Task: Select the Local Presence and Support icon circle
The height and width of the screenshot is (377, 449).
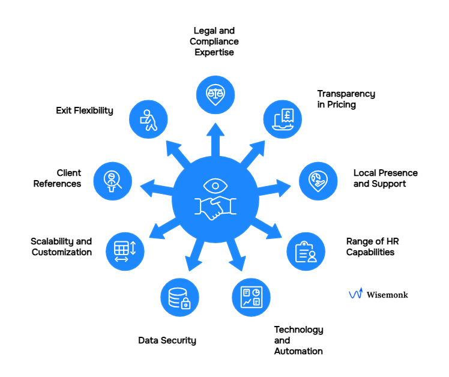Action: coord(318,180)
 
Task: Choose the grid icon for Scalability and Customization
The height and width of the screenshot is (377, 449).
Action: coord(125,250)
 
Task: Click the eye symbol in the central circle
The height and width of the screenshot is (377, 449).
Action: coord(215,184)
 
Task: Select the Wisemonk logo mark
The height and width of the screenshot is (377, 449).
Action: coord(355,294)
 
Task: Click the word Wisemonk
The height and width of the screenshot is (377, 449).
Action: coord(387,295)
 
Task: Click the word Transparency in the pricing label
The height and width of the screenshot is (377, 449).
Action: coord(346,94)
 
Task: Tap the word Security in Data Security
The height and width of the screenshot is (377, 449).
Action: coord(179,340)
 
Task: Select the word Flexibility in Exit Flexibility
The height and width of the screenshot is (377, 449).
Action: coord(94,110)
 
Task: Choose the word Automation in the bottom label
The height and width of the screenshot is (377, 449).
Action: coord(298,351)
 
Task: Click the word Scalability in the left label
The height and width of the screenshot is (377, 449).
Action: coord(52,241)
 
